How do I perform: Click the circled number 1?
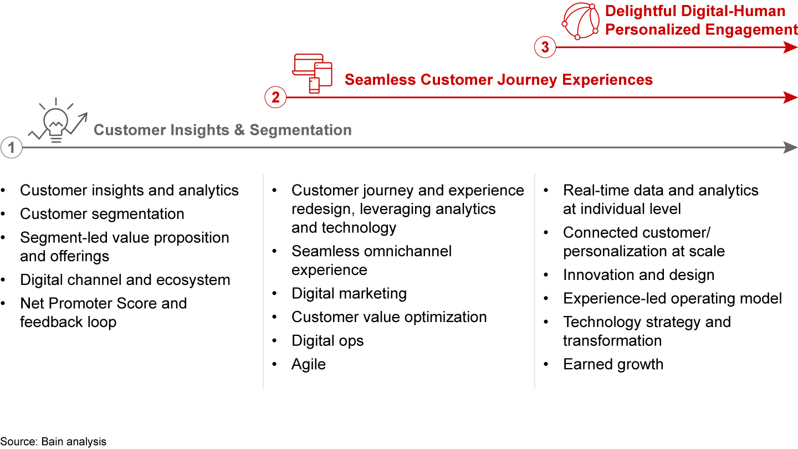click(11, 148)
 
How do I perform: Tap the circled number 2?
click(275, 98)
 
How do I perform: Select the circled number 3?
click(545, 48)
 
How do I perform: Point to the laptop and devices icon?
click(313, 73)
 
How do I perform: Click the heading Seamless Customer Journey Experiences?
click(498, 80)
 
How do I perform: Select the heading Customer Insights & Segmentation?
click(222, 130)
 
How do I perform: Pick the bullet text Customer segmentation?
click(102, 214)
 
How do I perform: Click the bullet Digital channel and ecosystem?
click(125, 280)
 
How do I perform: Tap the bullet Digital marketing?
click(349, 293)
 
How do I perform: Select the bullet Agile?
click(309, 364)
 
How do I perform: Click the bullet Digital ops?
click(328, 341)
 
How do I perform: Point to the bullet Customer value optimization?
click(389, 317)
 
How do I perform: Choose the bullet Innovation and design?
click(638, 275)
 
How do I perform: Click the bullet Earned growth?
click(613, 364)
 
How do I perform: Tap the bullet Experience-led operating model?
click(672, 299)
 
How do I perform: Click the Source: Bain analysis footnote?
click(53, 442)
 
